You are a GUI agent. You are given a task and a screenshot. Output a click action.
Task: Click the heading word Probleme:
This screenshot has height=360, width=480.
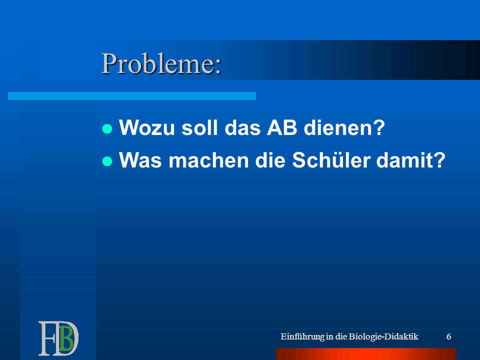coord(161,63)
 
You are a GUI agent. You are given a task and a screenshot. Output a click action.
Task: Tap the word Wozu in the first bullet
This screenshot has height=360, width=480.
coord(147,127)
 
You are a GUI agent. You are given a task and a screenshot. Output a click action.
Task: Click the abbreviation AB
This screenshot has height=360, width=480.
coord(282,127)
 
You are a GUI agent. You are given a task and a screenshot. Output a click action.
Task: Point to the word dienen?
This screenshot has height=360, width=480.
coord(344,127)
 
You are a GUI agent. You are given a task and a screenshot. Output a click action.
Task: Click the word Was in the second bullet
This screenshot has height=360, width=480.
coord(140,160)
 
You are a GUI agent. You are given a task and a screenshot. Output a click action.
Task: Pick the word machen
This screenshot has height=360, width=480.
coord(208,160)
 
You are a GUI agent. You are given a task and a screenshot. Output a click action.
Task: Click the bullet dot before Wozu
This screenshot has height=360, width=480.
coord(107,129)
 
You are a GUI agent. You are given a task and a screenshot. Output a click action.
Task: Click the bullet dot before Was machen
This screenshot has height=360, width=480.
coord(107,161)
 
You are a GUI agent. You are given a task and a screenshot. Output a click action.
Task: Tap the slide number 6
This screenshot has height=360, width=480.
coord(449,336)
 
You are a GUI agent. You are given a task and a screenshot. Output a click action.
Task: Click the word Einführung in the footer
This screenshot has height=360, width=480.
coord(302,336)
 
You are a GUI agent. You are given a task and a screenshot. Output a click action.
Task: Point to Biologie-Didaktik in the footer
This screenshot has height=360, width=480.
coord(383,336)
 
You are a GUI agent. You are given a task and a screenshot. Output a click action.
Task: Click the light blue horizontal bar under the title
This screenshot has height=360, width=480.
coord(132,96)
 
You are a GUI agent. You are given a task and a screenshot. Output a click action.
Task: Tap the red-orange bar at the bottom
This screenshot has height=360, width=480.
coord(366,354)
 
